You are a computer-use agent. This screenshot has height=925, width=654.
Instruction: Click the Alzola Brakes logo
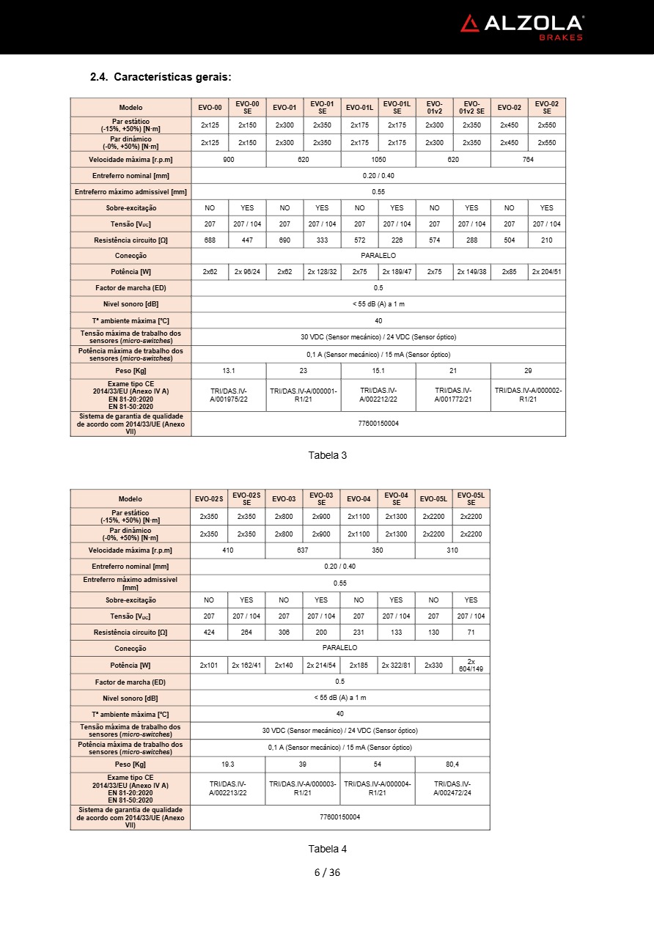tap(522, 26)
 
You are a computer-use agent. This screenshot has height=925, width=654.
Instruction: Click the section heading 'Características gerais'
tap(161, 77)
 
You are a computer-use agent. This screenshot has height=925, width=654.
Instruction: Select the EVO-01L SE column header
tap(397, 108)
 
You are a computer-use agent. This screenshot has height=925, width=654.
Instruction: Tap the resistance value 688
tap(210, 240)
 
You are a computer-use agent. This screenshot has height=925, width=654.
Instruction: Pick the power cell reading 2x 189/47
tap(397, 272)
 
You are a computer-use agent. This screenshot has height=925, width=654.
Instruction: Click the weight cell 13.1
tap(229, 370)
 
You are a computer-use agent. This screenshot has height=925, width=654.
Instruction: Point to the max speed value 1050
tap(378, 159)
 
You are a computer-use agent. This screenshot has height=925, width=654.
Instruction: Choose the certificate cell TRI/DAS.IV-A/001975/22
tap(229, 395)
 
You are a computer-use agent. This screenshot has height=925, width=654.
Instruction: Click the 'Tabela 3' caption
tap(327, 455)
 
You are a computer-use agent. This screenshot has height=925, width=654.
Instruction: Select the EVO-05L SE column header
tap(471, 499)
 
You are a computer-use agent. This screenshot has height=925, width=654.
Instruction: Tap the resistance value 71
tap(471, 632)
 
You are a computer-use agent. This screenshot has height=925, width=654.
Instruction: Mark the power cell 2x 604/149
tap(471, 665)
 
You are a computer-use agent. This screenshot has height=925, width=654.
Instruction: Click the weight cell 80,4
tap(452, 764)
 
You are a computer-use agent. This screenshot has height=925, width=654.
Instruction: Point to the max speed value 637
tap(303, 550)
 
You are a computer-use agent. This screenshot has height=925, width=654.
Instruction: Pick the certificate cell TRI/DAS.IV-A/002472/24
tap(452, 788)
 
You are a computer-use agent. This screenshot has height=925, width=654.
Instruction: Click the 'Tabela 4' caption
tap(327, 849)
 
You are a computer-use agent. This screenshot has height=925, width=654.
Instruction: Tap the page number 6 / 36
tap(327, 872)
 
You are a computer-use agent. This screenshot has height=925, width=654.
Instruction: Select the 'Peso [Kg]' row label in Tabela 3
tap(131, 370)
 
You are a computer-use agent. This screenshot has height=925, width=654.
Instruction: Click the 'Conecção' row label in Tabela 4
tap(131, 648)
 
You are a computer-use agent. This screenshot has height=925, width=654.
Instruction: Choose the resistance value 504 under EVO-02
tap(509, 240)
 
